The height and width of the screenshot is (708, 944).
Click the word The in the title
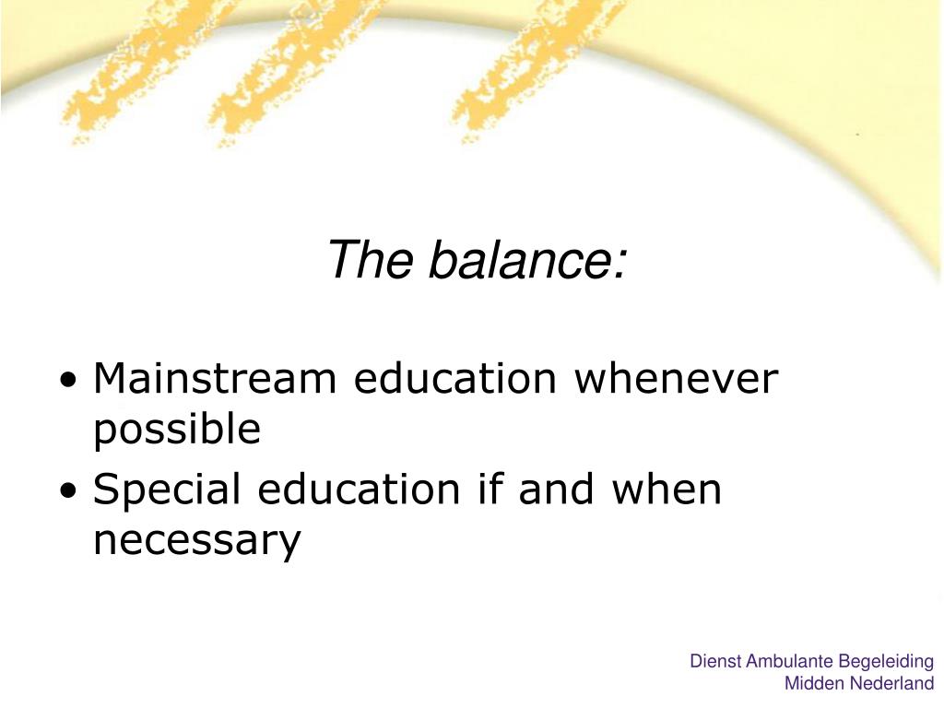click(x=371, y=259)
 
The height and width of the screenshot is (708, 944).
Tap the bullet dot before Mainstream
click(x=69, y=381)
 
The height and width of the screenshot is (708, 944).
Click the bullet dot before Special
click(x=69, y=490)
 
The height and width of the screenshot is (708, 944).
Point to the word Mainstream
click(x=215, y=378)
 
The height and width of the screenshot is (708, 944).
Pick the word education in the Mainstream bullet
click(x=455, y=378)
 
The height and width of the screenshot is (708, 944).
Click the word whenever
click(x=676, y=378)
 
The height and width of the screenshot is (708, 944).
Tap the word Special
click(x=167, y=490)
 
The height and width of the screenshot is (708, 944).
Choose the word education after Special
click(x=359, y=489)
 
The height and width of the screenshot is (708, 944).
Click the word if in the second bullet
click(x=490, y=489)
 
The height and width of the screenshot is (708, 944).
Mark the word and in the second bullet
click(x=556, y=489)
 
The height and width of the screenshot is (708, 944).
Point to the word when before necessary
click(x=667, y=489)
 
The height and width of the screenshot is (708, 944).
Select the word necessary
click(x=197, y=541)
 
